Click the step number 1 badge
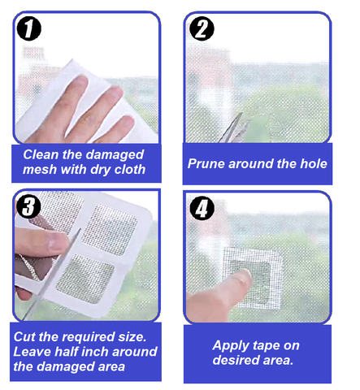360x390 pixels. (x=28, y=28)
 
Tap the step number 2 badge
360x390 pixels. (x=202, y=28)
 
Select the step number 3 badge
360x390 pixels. (x=28, y=206)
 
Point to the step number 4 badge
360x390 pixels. (x=202, y=209)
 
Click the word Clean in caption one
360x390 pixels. (x=41, y=154)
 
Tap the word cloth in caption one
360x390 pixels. (x=130, y=170)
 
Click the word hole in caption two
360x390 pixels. (x=314, y=164)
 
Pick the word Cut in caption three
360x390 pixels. (x=24, y=337)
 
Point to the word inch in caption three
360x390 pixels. (x=95, y=352)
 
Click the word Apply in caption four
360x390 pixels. (x=228, y=346)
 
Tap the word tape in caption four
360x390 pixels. (x=260, y=346)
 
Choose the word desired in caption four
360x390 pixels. (x=233, y=360)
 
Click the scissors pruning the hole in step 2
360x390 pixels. (x=233, y=128)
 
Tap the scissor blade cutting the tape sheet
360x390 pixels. (x=54, y=274)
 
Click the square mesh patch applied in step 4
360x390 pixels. (x=252, y=277)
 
